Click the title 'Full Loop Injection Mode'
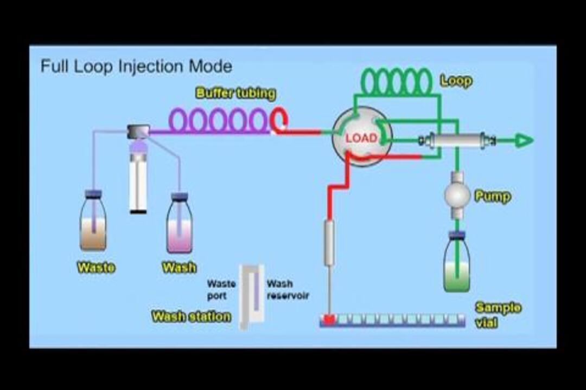tap(136, 67)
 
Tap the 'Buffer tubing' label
tap(235, 93)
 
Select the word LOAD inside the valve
tap(361, 138)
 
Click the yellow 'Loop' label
tap(456, 81)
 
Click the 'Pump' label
tap(493, 196)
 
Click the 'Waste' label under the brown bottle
tap(96, 267)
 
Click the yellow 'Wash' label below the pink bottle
tap(179, 268)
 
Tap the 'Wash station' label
tap(191, 316)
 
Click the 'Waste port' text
tap(221, 290)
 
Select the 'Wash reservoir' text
tap(287, 290)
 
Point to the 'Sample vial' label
tap(498, 315)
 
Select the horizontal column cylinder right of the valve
tap(457, 141)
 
